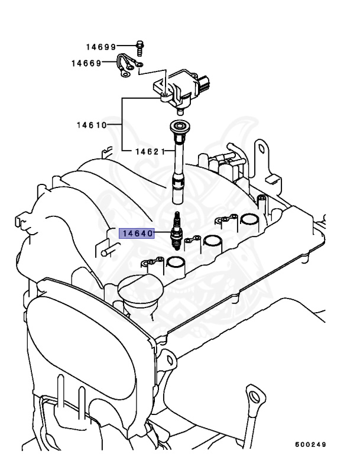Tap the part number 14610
tap(91, 125)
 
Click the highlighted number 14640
tap(137, 233)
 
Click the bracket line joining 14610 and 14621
tap(123, 124)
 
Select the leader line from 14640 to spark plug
tap(161, 233)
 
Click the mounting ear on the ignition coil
tap(160, 89)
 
